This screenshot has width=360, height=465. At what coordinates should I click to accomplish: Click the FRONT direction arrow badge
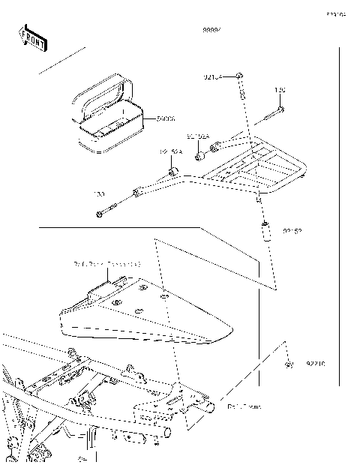pyautogui.click(x=33, y=37)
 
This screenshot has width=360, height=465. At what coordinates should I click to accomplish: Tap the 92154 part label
pyautogui.click(x=214, y=76)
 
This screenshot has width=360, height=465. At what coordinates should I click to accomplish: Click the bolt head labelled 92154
pyautogui.click(x=239, y=76)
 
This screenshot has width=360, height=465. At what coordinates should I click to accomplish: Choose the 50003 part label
pyautogui.click(x=166, y=118)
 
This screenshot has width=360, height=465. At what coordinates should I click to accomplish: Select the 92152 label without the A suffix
pyautogui.click(x=292, y=232)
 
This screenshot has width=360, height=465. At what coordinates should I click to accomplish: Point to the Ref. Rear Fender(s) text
pyautogui.click(x=107, y=264)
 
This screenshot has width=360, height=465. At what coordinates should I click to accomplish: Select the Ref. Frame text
pyautogui.click(x=244, y=406)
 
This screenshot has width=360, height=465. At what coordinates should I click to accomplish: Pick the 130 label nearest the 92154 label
pyautogui.click(x=279, y=91)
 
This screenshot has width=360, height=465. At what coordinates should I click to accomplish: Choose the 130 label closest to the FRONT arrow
pyautogui.click(x=98, y=194)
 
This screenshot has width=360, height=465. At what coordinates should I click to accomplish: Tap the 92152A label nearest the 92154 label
pyautogui.click(x=198, y=136)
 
